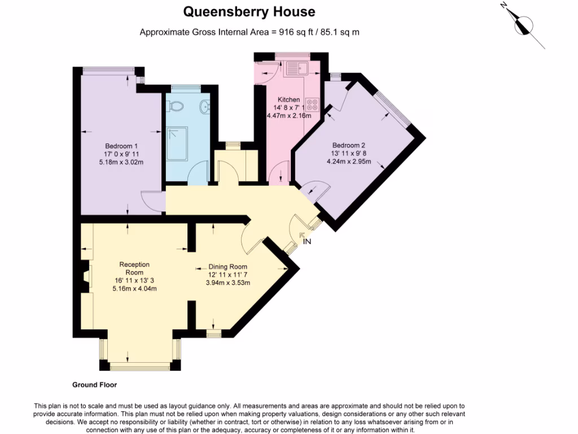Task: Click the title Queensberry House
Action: (x=249, y=11)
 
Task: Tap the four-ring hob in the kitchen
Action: (x=312, y=105)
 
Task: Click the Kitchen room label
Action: (x=288, y=99)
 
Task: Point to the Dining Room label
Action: (x=227, y=267)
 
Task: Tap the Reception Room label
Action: (x=134, y=268)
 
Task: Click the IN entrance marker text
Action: (x=307, y=242)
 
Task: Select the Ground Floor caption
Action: (x=94, y=385)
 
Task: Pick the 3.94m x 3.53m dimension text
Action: (x=227, y=283)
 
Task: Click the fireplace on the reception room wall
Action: (x=85, y=277)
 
